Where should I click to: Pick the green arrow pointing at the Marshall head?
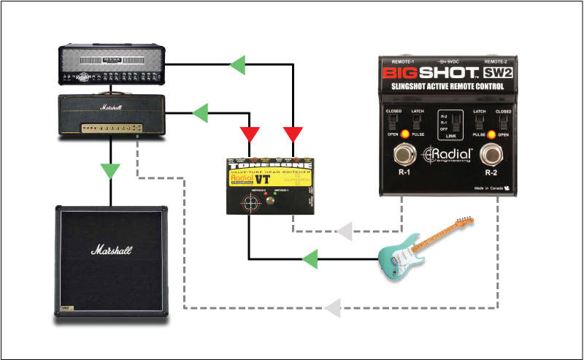(x=199, y=113)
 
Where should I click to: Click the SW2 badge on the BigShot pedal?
(x=497, y=74)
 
